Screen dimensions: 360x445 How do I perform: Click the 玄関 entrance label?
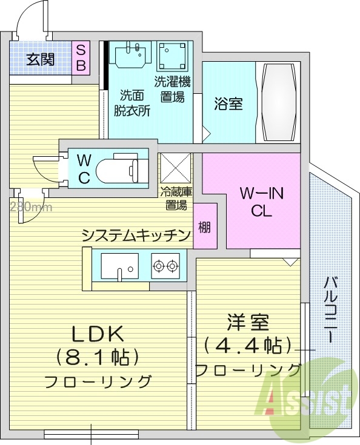(40, 59)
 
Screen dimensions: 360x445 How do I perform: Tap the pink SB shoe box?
(81, 58)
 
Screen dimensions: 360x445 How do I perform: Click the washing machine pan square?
(172, 56)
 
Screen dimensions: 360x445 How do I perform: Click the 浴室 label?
(228, 104)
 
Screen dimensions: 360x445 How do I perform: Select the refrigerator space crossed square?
(175, 168)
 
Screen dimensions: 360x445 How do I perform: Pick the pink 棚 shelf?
(205, 226)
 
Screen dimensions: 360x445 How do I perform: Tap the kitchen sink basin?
(120, 266)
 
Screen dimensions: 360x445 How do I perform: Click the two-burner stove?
(165, 266)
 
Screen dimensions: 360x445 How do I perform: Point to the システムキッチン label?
(136, 235)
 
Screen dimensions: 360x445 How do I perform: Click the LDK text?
(98, 334)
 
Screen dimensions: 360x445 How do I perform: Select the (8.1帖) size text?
(98, 357)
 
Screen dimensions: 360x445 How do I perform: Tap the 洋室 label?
(248, 323)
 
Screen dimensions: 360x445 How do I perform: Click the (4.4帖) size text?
(248, 345)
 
